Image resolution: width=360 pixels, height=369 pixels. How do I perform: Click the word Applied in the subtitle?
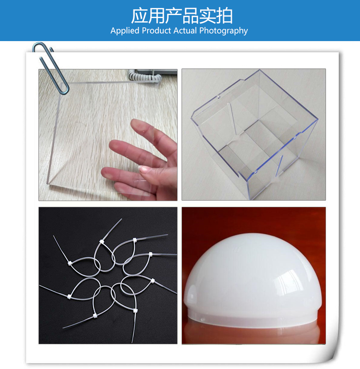click(x=125, y=31)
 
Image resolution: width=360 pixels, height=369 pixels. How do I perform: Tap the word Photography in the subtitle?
click(x=224, y=31)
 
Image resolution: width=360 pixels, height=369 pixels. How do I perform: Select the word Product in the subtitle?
click(x=156, y=30)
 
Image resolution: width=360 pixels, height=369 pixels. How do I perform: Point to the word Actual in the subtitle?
click(x=185, y=30)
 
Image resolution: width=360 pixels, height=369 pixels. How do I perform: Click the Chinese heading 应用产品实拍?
click(x=182, y=16)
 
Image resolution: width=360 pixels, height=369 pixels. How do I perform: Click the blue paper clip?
click(x=51, y=68)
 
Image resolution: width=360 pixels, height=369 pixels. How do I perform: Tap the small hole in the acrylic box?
click(x=219, y=96)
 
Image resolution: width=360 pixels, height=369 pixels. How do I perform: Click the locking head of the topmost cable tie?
click(x=102, y=242)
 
